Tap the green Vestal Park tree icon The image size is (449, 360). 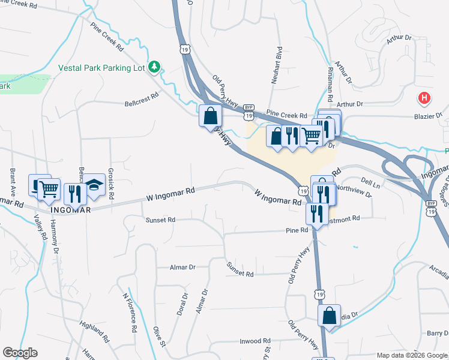point(155,67)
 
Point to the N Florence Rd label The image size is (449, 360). point(128,313)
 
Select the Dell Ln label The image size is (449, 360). point(370,179)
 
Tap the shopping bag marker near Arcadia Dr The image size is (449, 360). point(329,316)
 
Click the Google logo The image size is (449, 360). point(20,353)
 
